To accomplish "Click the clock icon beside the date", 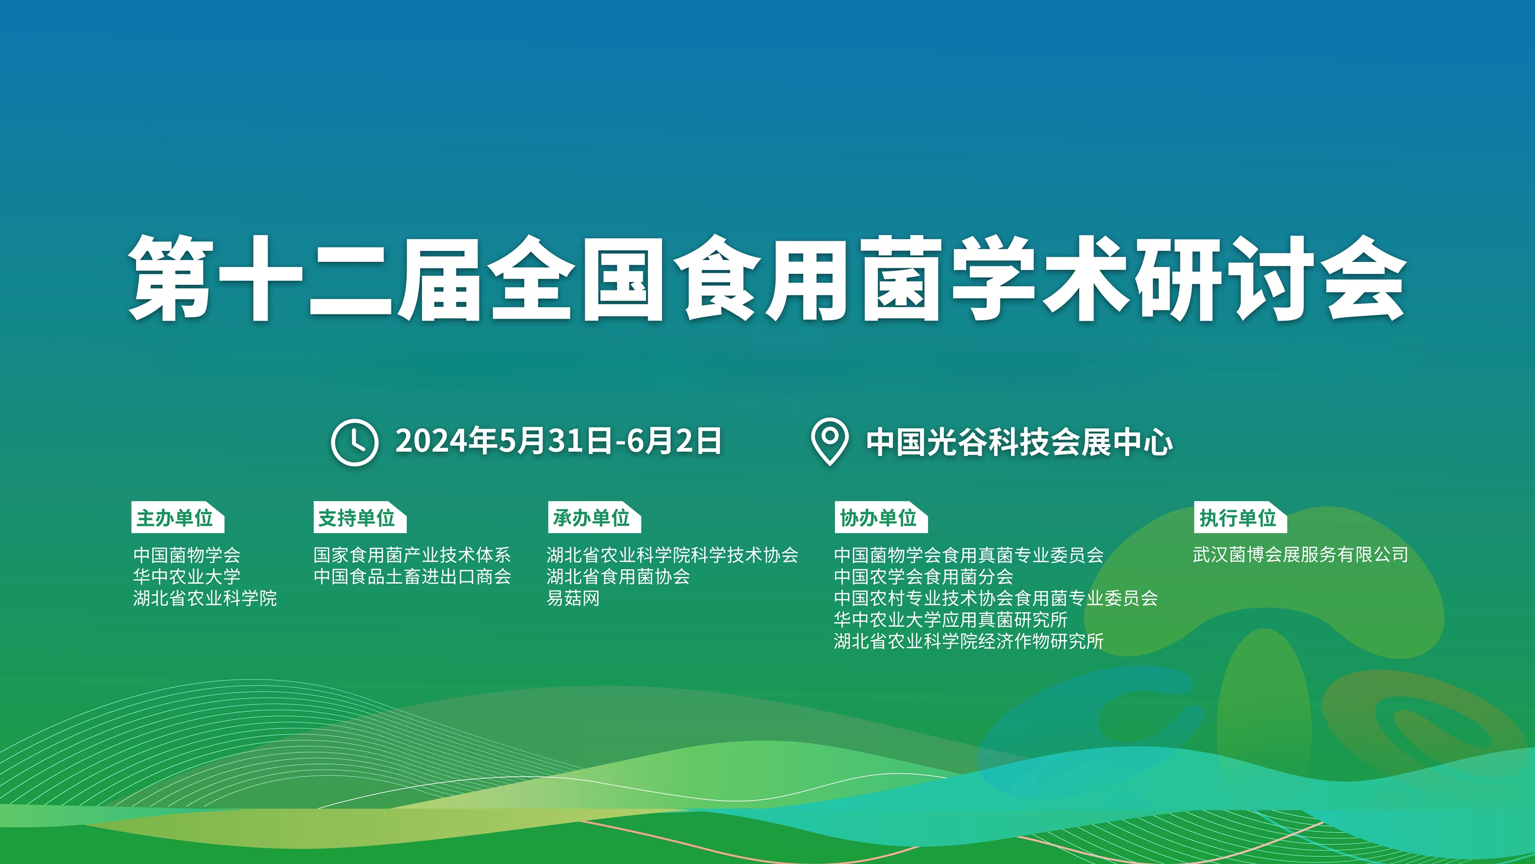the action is [x=355, y=442].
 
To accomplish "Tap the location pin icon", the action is [x=829, y=441].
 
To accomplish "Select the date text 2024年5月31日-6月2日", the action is [x=558, y=441].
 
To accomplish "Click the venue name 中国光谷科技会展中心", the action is [x=1020, y=442].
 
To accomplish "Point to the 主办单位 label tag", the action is [x=178, y=517].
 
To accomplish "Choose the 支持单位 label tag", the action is [x=360, y=517].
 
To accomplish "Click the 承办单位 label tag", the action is [x=594, y=517].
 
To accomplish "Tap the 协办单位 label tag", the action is [x=881, y=517].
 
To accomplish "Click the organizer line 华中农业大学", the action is [x=187, y=576].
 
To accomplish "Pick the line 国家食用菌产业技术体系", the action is [x=412, y=555].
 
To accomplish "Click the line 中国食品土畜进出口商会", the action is [x=412, y=576].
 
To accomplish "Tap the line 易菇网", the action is [x=573, y=598].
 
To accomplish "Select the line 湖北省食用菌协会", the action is [x=619, y=576].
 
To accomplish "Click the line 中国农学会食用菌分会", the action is [x=924, y=576].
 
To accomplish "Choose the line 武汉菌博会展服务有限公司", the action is [x=1301, y=555].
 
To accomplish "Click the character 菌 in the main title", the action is [x=901, y=278].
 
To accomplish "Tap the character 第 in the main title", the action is [x=171, y=278].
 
